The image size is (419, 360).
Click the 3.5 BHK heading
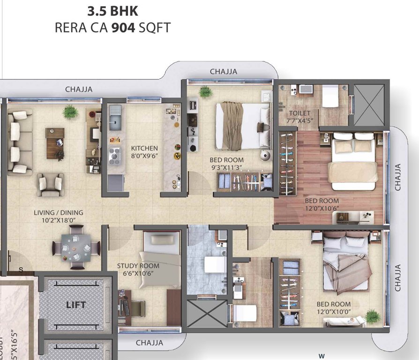[x=112, y=10]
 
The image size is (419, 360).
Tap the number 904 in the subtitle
[x=124, y=27]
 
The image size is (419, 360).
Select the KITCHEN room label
[x=144, y=148]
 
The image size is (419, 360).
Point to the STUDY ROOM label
[x=138, y=266]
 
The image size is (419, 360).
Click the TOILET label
[x=299, y=113]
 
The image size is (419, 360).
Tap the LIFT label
[x=76, y=305]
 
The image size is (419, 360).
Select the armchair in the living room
[x=51, y=184]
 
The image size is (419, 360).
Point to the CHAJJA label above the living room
[x=79, y=89]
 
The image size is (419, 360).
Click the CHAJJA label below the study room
[x=150, y=343]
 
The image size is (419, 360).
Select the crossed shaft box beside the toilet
[x=370, y=105]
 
